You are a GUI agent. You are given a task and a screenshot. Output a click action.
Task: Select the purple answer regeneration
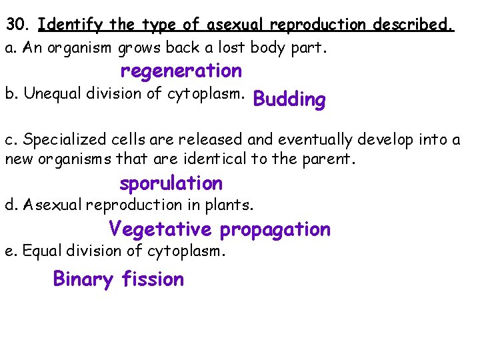[x=181, y=71]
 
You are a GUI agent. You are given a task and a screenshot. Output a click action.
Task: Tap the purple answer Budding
[x=289, y=100]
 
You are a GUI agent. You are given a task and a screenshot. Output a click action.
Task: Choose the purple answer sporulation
[x=171, y=183]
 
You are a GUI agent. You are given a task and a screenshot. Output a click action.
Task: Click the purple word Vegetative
[x=160, y=230]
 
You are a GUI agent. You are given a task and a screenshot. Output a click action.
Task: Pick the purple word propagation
[x=275, y=230]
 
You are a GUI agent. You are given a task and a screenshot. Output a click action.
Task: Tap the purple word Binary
[x=83, y=279]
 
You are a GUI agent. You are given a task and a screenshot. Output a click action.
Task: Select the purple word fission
[x=153, y=279]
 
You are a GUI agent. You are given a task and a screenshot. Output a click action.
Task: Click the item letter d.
[x=10, y=205]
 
